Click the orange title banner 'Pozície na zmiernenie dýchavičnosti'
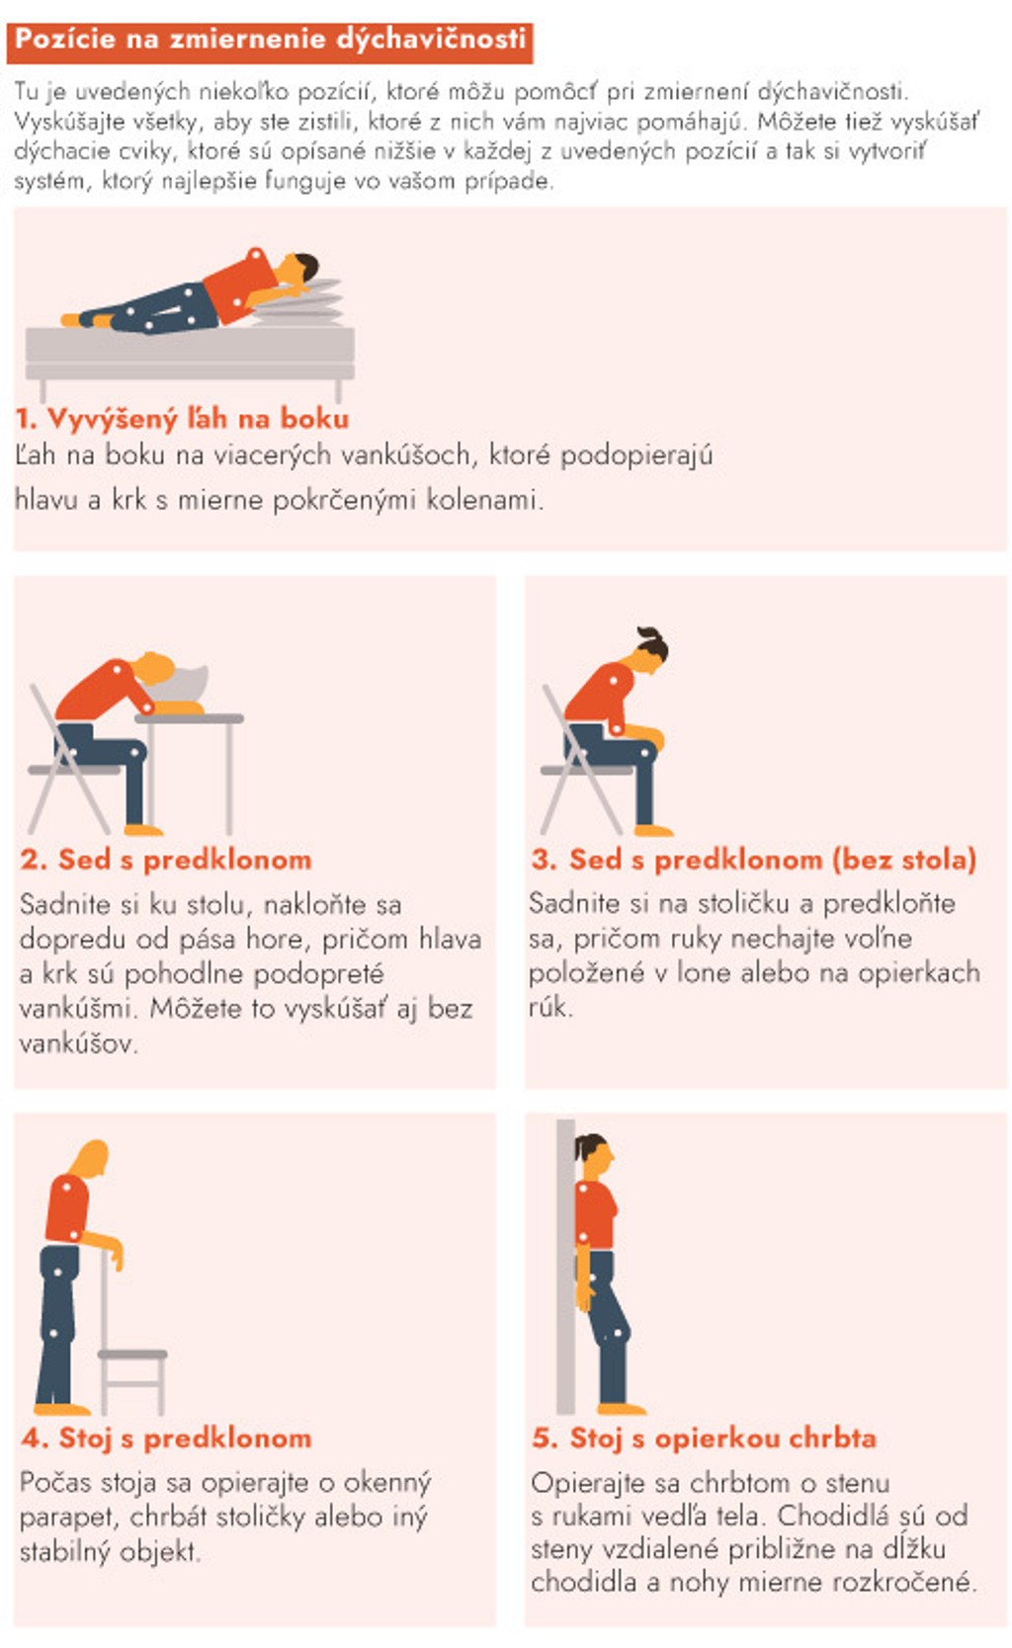click(x=270, y=41)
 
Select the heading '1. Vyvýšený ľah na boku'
click(x=183, y=419)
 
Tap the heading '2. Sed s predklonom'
click(x=166, y=860)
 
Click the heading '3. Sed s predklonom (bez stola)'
click(x=754, y=860)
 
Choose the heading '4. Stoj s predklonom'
click(x=166, y=1438)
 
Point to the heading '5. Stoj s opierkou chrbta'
click(x=705, y=1438)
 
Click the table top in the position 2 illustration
click(x=190, y=718)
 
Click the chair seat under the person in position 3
click(x=587, y=771)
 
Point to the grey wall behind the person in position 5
click(x=565, y=1267)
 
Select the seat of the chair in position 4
click(x=132, y=1354)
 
